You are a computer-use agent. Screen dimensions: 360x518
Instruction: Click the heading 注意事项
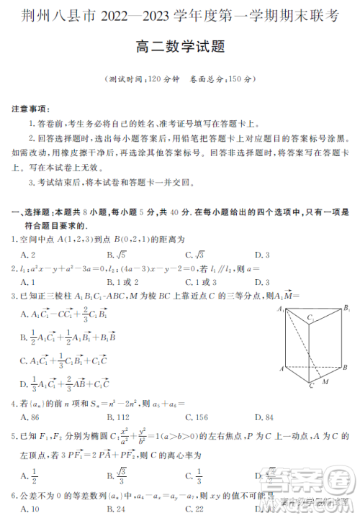(x=31, y=109)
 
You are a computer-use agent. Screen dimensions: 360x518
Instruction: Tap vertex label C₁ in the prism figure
(x=310, y=317)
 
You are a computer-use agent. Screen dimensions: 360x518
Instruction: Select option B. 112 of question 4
(x=117, y=417)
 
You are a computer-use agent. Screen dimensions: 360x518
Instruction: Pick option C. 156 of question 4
(x=196, y=417)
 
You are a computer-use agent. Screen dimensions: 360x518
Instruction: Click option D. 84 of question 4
(x=264, y=417)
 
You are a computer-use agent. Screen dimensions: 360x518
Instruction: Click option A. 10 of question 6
(x=30, y=509)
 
